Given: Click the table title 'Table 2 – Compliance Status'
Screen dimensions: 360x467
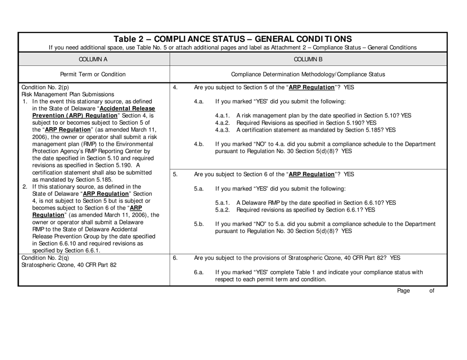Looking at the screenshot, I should click(x=233, y=39).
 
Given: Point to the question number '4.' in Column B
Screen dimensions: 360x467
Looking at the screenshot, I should click(x=175, y=88).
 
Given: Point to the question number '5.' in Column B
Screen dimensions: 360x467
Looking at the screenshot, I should click(x=175, y=174).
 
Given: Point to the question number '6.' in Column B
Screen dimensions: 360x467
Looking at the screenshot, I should click(x=175, y=257).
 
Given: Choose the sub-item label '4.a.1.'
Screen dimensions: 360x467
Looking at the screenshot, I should click(x=224, y=115).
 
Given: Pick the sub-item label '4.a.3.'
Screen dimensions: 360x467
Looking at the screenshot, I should click(x=224, y=130).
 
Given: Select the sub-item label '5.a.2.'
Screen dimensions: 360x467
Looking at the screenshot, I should click(x=224, y=209).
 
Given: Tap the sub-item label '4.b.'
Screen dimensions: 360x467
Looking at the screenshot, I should click(x=199, y=144).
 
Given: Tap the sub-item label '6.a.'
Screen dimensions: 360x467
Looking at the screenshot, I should click(x=199, y=272).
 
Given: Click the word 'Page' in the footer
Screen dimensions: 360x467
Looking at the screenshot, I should click(x=404, y=291).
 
